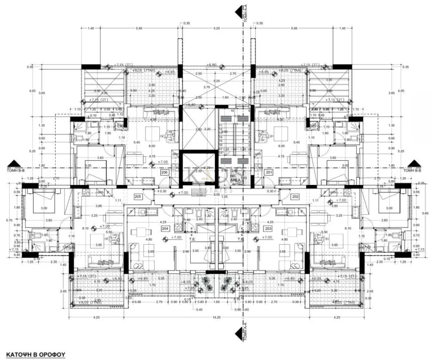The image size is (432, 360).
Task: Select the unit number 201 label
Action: pos(269,172)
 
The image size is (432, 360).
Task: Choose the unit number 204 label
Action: pos(165,229)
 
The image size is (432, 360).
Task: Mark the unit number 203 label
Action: pos(268,229)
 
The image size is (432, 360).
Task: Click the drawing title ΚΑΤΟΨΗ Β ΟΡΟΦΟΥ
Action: pos(36,355)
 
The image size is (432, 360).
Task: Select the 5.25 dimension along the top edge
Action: pos(216,29)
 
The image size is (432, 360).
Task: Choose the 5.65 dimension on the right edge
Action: pos(426,214)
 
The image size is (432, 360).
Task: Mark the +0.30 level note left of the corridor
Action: pos(162,191)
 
